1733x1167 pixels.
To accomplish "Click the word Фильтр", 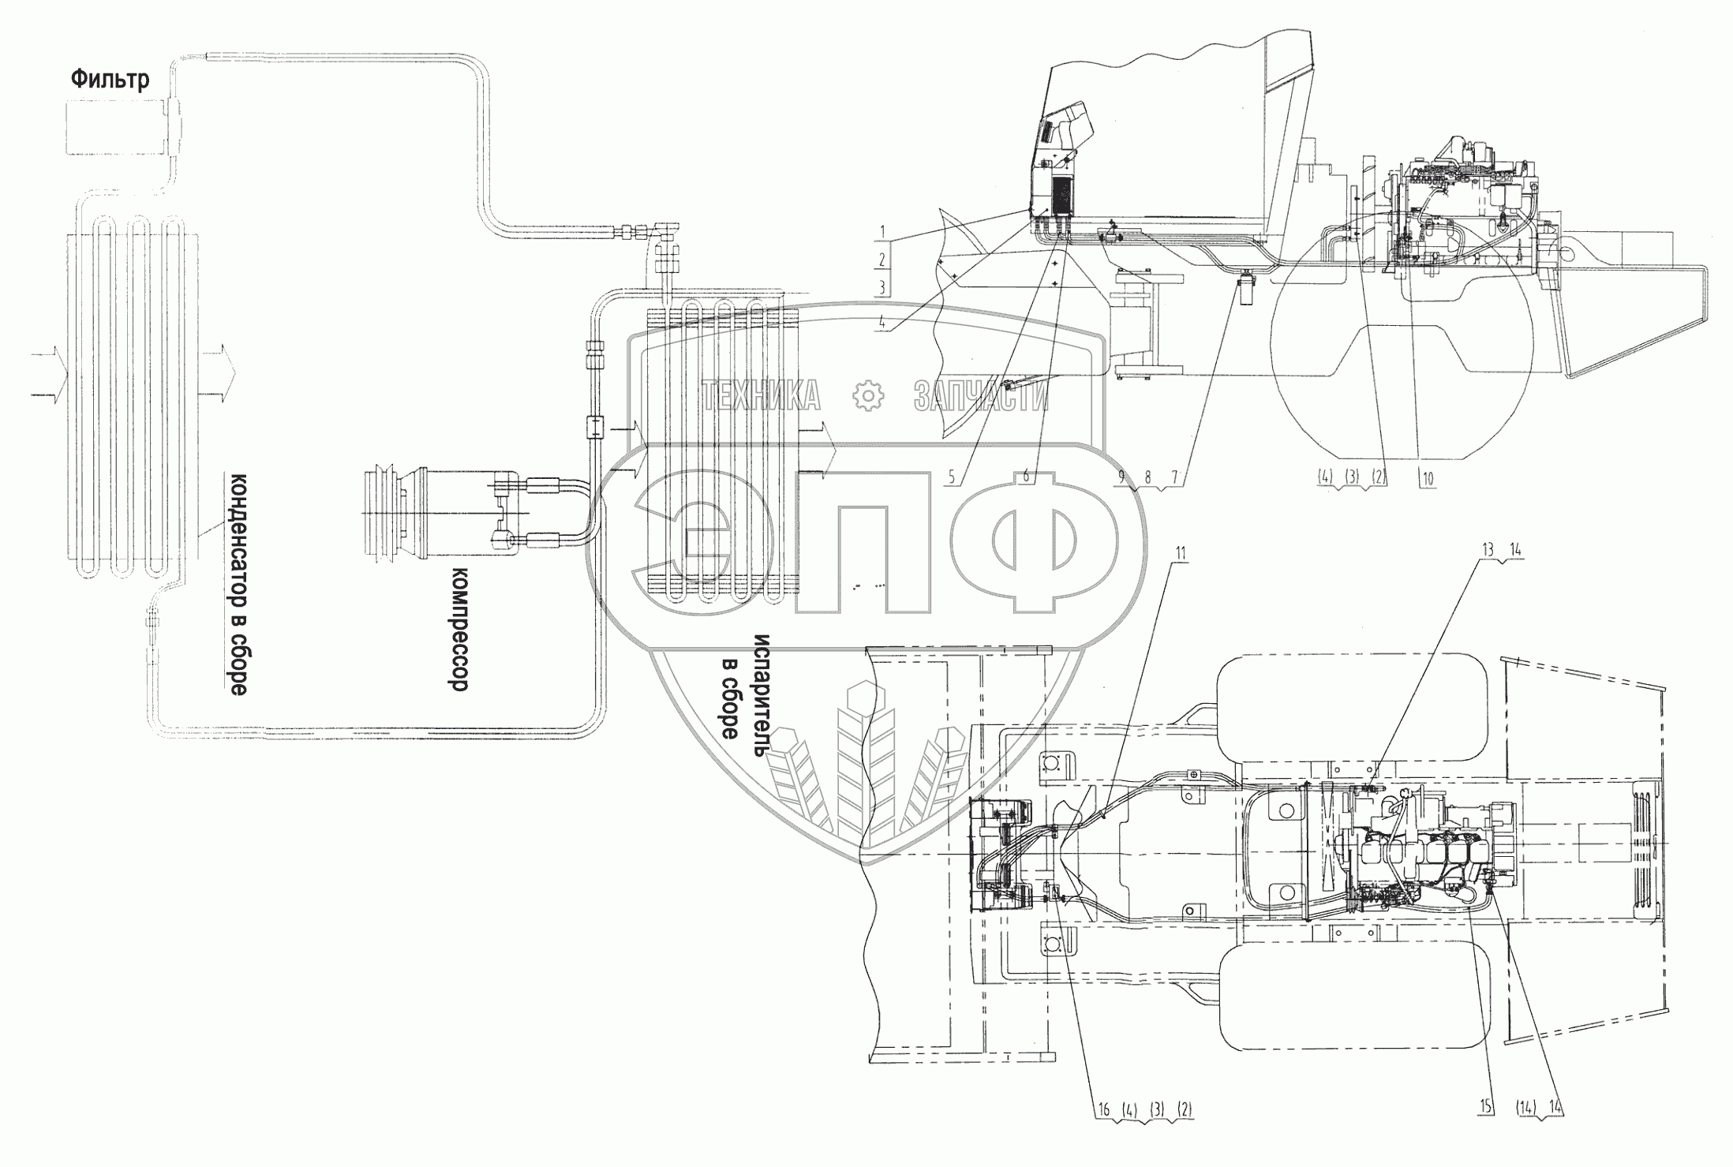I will click(x=110, y=80).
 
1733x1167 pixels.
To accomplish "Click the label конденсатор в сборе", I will click(x=238, y=584).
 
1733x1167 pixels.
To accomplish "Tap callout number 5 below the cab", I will click(x=952, y=477).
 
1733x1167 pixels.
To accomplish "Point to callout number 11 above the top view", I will click(x=1181, y=576).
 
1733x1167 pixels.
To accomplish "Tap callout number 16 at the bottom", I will click(x=1104, y=1109).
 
